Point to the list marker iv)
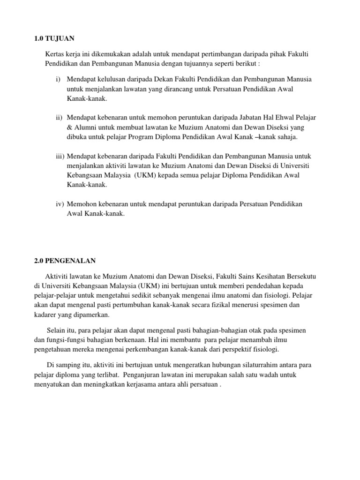click(59, 204)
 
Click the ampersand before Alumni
click(69, 127)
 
